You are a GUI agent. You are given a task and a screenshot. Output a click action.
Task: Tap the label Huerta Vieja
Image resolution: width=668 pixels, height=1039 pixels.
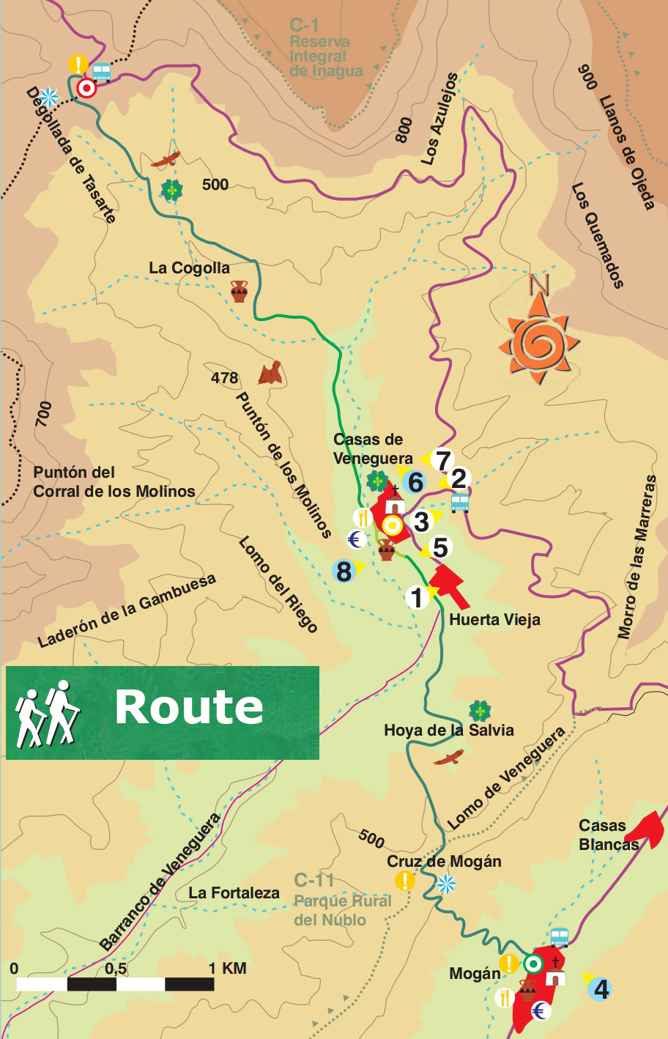tap(494, 620)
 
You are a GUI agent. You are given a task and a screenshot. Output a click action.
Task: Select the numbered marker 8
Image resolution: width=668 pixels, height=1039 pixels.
tap(344, 571)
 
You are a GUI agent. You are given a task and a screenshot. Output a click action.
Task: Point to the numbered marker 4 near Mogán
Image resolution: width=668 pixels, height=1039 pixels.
tap(601, 990)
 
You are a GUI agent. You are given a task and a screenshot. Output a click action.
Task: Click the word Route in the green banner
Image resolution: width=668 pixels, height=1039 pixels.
tap(189, 707)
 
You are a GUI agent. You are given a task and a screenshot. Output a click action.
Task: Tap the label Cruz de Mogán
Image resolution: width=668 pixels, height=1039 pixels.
tap(444, 862)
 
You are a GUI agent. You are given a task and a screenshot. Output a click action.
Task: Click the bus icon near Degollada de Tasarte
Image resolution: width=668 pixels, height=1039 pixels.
tap(101, 71)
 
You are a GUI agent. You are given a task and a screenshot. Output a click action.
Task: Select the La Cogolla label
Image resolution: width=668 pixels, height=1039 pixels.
tap(189, 268)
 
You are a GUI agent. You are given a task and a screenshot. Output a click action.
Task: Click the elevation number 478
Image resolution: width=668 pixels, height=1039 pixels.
tap(224, 378)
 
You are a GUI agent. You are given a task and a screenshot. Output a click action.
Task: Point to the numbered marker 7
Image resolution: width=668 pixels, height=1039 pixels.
tap(442, 461)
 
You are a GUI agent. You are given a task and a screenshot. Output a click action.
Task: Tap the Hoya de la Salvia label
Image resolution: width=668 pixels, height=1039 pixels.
tap(448, 731)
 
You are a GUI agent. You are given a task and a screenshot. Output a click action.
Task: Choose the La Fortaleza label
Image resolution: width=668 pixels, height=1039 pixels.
tap(234, 893)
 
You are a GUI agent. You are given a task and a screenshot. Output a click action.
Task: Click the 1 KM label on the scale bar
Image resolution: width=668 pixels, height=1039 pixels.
tap(227, 969)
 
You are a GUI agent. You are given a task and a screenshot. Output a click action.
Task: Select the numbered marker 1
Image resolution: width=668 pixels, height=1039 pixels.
tap(417, 598)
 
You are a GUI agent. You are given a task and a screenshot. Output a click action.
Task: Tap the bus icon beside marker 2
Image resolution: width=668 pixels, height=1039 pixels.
tap(460, 503)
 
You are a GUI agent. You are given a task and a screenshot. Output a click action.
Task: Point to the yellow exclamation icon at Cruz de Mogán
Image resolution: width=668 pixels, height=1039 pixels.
tap(404, 881)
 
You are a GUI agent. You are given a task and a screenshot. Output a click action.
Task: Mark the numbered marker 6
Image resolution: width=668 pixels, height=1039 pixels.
tap(415, 483)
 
